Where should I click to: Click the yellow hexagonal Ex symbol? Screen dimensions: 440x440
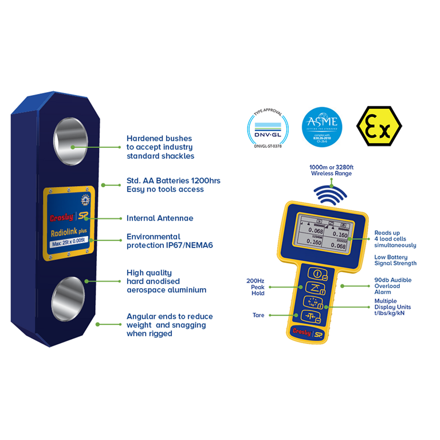click(x=379, y=126)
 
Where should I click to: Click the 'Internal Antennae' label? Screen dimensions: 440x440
click(x=159, y=218)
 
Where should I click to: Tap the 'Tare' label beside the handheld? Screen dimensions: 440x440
click(x=258, y=315)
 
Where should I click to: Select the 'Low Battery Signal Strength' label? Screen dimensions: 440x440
click(x=395, y=260)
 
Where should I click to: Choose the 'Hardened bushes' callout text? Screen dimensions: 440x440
click(x=160, y=147)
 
